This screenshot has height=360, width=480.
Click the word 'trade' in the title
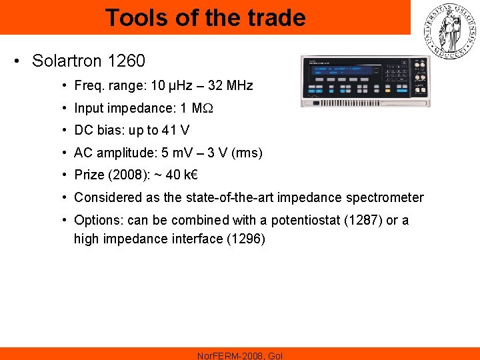pos(272,17)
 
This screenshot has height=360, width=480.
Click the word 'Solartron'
pos(63,61)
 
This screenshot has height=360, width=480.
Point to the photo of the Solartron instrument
pos(365,81)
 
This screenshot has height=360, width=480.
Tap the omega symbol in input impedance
pos(207,108)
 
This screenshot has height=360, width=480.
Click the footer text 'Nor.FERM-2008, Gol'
pos(240,355)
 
